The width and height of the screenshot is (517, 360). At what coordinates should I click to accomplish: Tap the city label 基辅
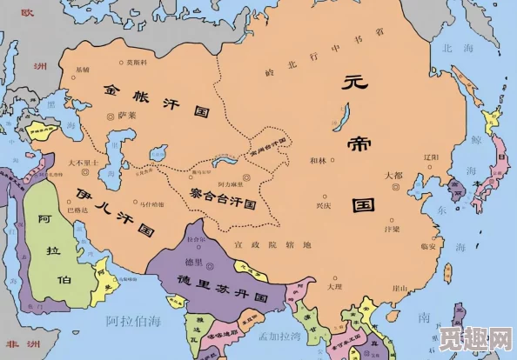pos(83,70)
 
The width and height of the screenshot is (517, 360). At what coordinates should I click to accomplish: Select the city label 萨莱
pos(127,116)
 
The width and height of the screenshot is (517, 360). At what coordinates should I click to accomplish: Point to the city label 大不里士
pos(83,163)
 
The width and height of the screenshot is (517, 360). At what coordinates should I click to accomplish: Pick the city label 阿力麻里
pos(231,185)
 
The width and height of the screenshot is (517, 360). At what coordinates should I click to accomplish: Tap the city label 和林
pos(318,162)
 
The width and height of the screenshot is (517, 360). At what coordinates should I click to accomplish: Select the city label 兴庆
pos(323,207)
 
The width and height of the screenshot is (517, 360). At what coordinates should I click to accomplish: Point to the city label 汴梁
pos(392,230)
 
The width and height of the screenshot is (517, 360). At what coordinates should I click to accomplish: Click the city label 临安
pos(426,246)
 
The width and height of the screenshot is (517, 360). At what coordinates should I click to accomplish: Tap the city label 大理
pos(335,286)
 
